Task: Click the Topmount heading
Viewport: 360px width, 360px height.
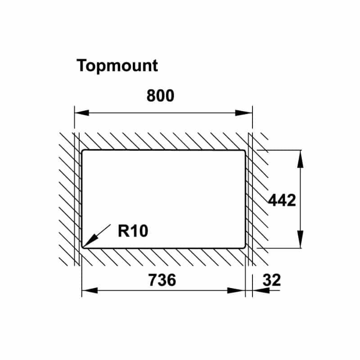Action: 117,66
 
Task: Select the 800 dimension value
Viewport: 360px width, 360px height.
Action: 160,95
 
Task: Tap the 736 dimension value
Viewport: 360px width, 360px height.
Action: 162,280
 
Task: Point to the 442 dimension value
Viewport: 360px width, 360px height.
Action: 282,200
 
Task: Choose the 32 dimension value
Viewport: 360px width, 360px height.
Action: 272,280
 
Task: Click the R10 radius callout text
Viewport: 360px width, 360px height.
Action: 133,231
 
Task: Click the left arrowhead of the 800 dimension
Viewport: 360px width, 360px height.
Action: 82,113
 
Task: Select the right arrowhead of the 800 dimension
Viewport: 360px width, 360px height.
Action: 244,113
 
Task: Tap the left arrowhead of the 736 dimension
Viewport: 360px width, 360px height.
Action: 90,290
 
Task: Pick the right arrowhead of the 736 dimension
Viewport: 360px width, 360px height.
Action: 236,290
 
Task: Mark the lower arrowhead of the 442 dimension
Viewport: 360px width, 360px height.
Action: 300,239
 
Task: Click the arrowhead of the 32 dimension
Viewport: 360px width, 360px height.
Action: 261,290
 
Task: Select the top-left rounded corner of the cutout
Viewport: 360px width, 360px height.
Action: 83,152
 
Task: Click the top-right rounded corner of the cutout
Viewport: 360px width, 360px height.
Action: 244,152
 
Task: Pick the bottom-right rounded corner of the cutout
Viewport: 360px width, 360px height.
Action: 244,247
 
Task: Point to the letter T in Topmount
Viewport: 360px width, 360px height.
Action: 82,65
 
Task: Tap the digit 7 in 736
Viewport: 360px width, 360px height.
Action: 153,280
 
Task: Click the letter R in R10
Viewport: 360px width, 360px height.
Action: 123,231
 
